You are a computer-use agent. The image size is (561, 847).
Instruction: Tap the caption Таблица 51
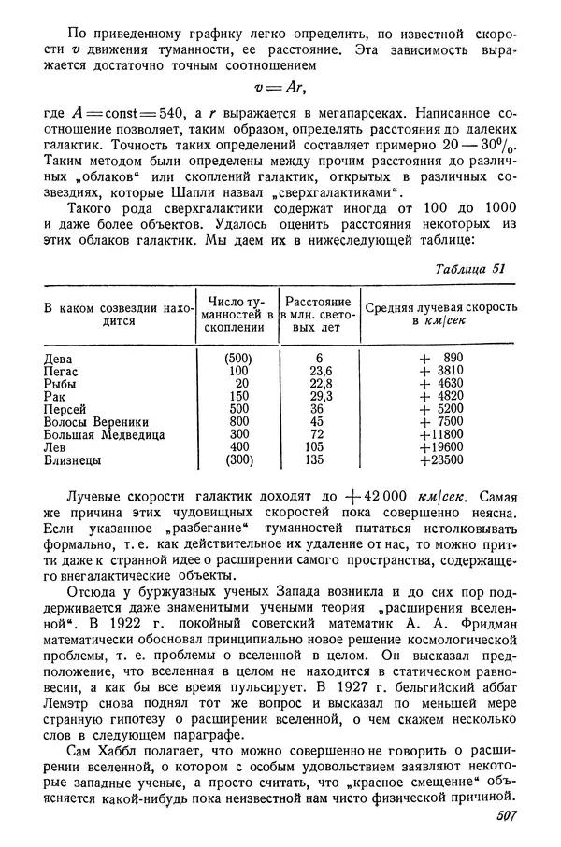(x=470, y=269)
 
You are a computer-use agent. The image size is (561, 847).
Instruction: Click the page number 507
(x=501, y=819)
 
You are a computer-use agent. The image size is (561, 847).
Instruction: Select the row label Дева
(x=61, y=358)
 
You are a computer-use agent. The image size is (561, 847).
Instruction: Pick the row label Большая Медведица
(x=105, y=434)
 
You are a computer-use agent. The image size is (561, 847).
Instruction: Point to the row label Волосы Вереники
(x=98, y=421)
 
